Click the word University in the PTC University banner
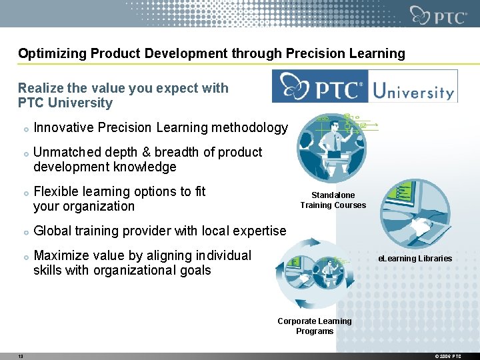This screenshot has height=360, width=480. click(x=413, y=89)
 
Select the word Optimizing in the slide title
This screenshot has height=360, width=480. click(x=49, y=53)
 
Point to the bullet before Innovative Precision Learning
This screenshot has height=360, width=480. click(x=25, y=128)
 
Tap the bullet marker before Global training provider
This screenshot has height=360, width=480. click(x=25, y=232)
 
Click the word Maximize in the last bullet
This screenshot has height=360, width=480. click(x=62, y=255)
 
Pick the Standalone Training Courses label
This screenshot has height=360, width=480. click(x=333, y=200)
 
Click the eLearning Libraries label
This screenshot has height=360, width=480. click(x=415, y=259)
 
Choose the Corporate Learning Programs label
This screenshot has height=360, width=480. click(x=315, y=326)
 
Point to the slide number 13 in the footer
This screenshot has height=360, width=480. click(x=21, y=357)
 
